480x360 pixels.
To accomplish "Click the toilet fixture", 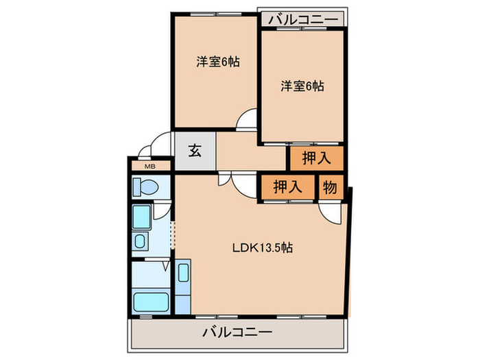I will point(145,187).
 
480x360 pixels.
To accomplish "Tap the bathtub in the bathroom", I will point(151,301).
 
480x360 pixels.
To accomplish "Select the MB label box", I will point(149,165).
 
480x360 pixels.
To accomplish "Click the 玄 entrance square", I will point(195,152).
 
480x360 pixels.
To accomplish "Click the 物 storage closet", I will point(330,187).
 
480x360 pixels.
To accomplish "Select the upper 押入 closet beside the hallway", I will point(315,158).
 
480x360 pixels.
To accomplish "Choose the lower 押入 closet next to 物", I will point(287,187).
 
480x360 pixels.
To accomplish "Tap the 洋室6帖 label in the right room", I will point(302,86).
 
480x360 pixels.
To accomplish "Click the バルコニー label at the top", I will point(302,19).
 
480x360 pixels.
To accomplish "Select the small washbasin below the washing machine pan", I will point(140,241).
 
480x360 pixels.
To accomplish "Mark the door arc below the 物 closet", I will point(330,212).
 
